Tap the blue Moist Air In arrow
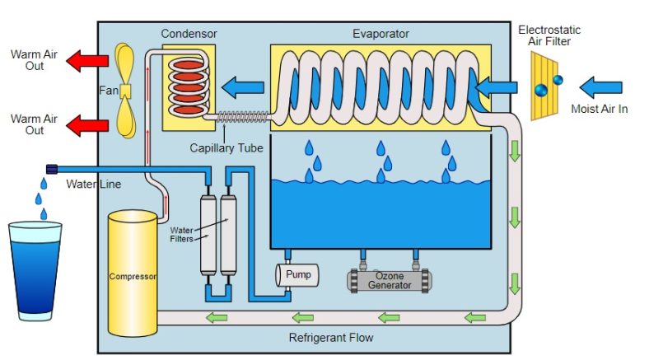coord(600,85)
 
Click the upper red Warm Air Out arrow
coord(87,60)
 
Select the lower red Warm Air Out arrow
coord(87,125)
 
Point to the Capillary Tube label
coord(226,148)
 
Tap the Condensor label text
coord(189,34)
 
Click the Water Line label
coord(93,184)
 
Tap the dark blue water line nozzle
coord(52,168)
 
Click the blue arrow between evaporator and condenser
coord(244,85)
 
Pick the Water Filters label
coord(182,235)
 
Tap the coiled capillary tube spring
coord(240,119)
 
